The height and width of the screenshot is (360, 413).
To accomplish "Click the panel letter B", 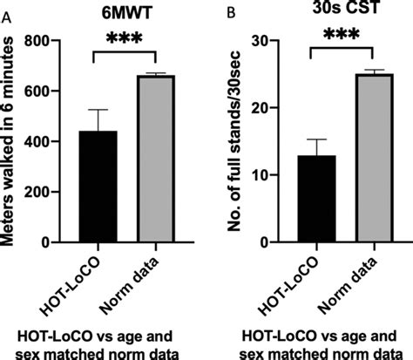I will (229, 13).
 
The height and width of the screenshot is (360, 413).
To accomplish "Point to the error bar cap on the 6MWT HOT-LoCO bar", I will (98, 110).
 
